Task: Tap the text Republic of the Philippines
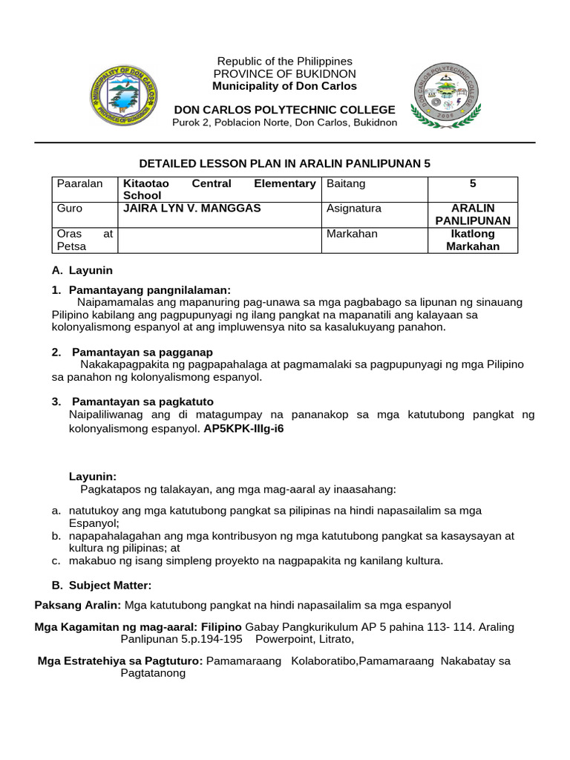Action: tap(284, 61)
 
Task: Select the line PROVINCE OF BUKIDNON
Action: tap(284, 73)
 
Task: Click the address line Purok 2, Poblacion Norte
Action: tap(284, 122)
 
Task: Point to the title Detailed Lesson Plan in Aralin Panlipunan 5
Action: tap(285, 163)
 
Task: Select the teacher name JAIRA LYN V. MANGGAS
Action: tap(192, 209)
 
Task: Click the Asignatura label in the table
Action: tap(353, 209)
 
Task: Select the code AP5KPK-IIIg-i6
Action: tap(243, 428)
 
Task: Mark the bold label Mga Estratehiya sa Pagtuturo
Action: tap(120, 661)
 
